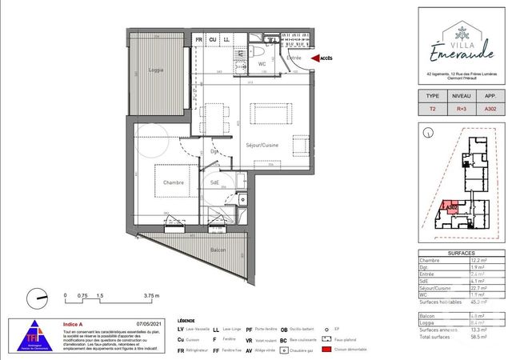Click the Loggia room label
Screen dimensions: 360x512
[x=156, y=70]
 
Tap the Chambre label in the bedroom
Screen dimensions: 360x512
[x=174, y=182]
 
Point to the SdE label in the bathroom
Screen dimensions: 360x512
[x=215, y=183]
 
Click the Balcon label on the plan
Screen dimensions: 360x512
[x=218, y=250]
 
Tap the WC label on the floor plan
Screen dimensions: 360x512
[x=262, y=63]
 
